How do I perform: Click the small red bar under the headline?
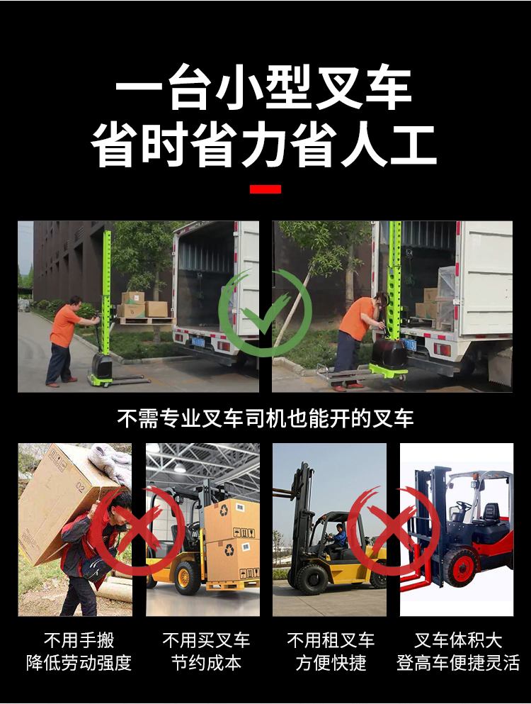point(265,189)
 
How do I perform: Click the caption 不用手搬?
point(79,640)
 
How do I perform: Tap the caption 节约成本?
point(206,663)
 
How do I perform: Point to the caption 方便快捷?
point(331,663)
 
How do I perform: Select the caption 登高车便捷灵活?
point(458,663)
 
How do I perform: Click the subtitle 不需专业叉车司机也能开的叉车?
point(265,418)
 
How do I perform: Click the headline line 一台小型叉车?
point(263,87)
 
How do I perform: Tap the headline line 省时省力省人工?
point(263,145)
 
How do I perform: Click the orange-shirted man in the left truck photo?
point(64,340)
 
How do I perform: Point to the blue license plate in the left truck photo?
point(198,342)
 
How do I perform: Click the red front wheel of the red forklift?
point(461,569)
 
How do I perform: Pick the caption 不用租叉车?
point(331,640)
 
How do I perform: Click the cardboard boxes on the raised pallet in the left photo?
point(144,305)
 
